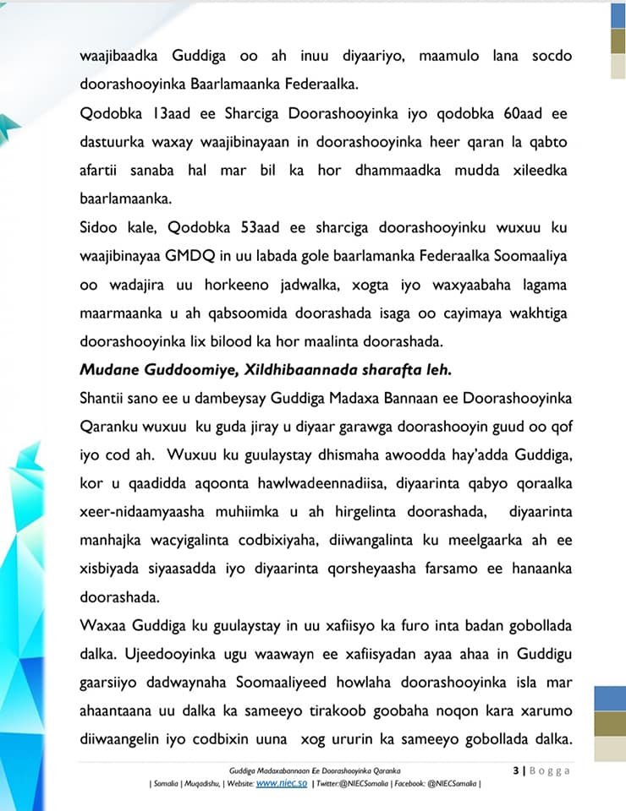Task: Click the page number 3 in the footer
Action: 515,770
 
